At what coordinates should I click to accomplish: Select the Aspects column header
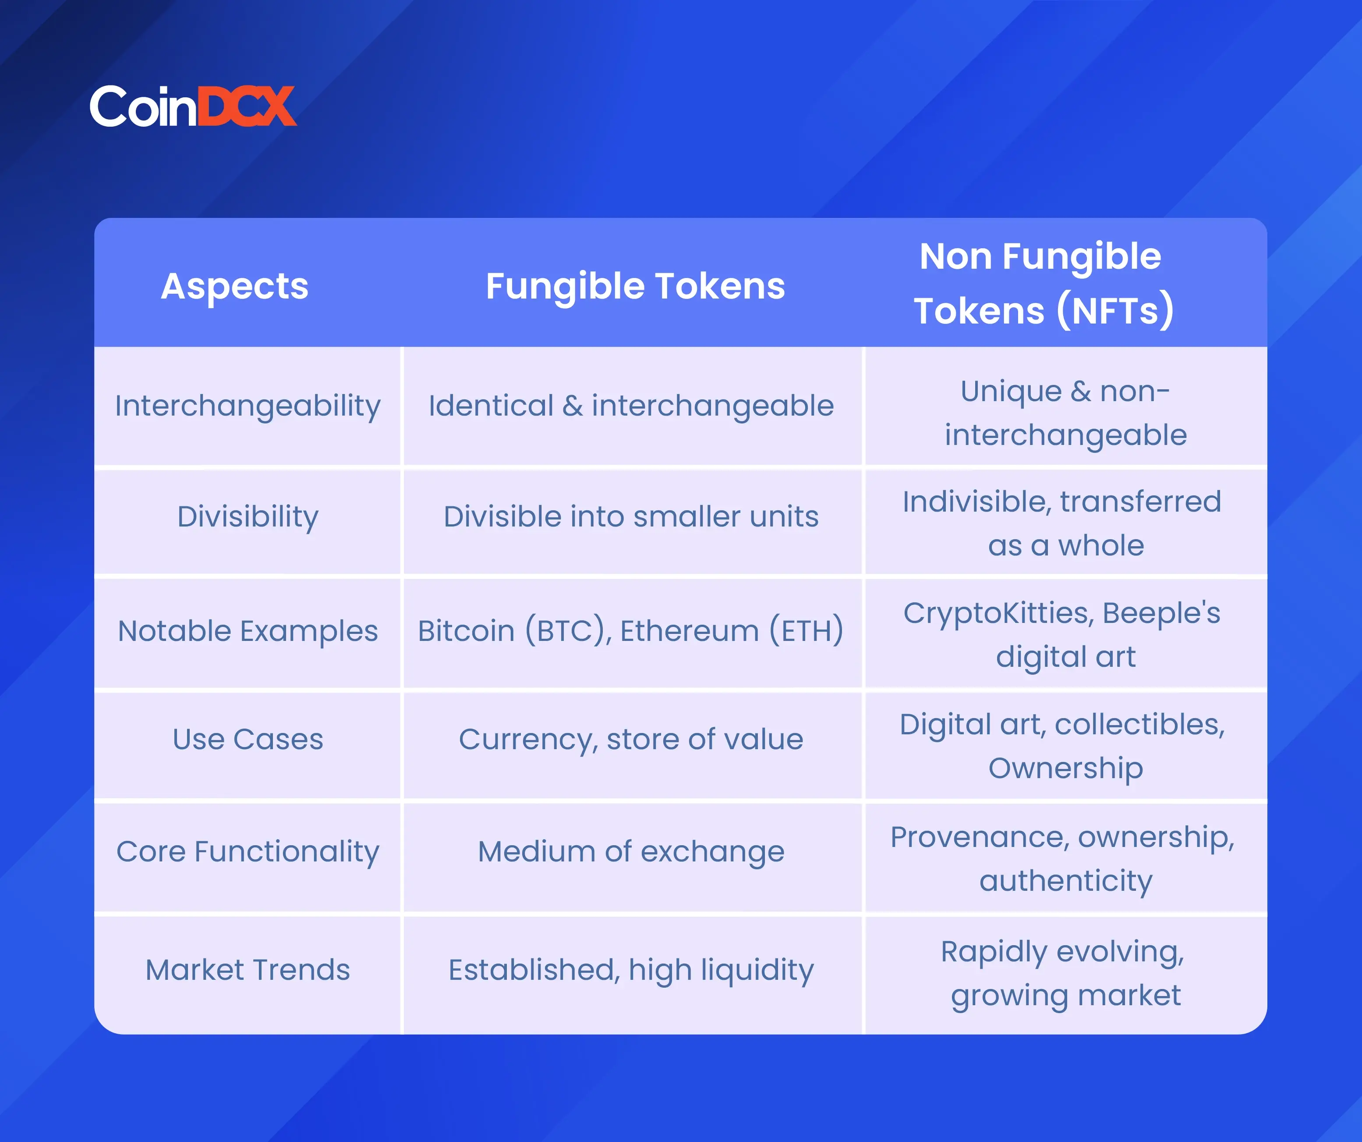click(x=235, y=287)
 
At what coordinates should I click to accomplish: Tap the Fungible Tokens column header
click(x=635, y=287)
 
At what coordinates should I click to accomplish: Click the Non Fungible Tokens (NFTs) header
click(x=1044, y=284)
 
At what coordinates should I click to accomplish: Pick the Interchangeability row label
click(x=248, y=407)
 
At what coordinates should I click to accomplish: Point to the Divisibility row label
click(x=248, y=518)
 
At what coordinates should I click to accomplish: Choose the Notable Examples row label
click(x=248, y=631)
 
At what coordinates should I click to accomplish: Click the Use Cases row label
click(x=248, y=739)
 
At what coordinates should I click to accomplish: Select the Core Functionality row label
click(x=248, y=852)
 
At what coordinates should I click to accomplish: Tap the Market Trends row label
click(x=248, y=970)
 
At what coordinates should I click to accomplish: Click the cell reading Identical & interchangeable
click(x=631, y=406)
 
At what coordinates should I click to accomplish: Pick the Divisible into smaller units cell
click(x=631, y=517)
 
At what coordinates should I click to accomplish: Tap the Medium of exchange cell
click(x=631, y=852)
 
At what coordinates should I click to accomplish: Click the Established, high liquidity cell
click(x=631, y=971)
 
